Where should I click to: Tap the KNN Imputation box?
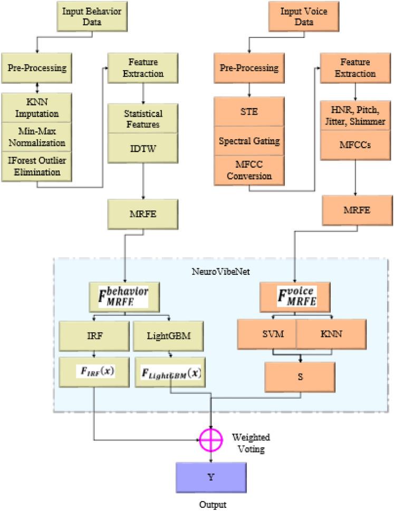37,108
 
